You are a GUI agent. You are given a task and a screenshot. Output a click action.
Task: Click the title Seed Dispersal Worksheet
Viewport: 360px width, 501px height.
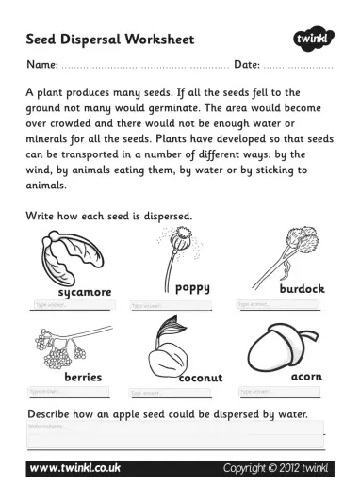pyautogui.click(x=109, y=40)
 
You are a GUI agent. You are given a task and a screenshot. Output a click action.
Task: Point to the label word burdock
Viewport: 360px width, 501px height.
pyautogui.click(x=302, y=289)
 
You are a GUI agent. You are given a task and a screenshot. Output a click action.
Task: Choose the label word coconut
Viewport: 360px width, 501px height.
pyautogui.click(x=201, y=378)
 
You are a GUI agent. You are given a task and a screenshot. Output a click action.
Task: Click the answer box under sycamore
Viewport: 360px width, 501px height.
pyautogui.click(x=72, y=305)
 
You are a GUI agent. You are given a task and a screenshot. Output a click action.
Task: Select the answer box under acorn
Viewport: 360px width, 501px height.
pyautogui.click(x=279, y=391)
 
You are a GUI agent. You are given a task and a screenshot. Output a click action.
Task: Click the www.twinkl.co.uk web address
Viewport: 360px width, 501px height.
pyautogui.click(x=76, y=467)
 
